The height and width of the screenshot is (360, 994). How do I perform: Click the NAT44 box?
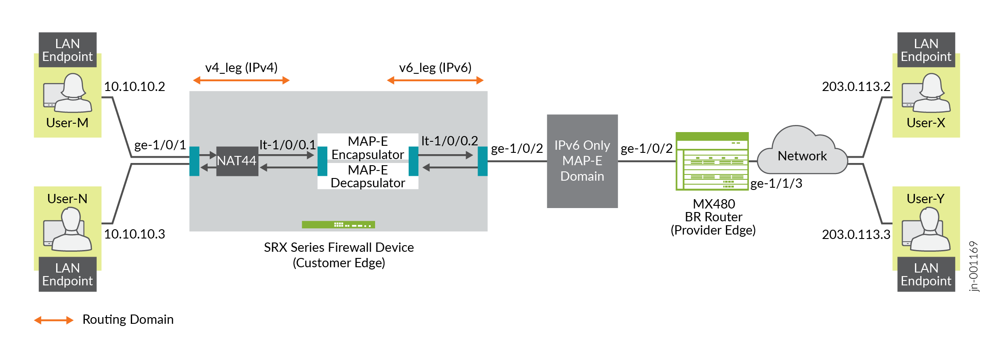click(x=237, y=161)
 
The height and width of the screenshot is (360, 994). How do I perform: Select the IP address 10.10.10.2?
click(x=134, y=87)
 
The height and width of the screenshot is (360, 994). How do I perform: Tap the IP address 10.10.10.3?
click(x=134, y=234)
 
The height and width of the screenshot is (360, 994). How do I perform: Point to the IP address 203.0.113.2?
click(x=856, y=87)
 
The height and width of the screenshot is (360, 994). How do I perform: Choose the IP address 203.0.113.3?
click(x=856, y=235)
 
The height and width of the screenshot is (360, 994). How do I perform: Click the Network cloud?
click(x=802, y=152)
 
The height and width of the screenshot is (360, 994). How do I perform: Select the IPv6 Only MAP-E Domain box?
click(x=582, y=161)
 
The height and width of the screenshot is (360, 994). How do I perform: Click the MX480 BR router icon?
click(x=712, y=161)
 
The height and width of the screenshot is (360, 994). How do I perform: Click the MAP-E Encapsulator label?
click(x=368, y=148)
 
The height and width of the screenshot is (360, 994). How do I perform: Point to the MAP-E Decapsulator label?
click(x=368, y=176)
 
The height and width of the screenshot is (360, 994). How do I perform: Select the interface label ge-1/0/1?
click(x=160, y=145)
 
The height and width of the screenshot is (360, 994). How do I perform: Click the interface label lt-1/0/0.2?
click(x=449, y=141)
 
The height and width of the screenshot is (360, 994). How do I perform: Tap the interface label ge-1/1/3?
click(x=776, y=184)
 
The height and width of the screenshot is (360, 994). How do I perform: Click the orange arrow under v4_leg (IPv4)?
click(x=241, y=80)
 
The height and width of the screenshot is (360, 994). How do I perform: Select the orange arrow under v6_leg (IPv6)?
click(x=435, y=80)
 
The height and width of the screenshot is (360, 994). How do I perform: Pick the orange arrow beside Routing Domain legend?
click(x=54, y=320)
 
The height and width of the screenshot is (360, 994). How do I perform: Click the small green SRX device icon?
click(x=338, y=225)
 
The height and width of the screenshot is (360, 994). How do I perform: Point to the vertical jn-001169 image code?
click(x=974, y=266)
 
